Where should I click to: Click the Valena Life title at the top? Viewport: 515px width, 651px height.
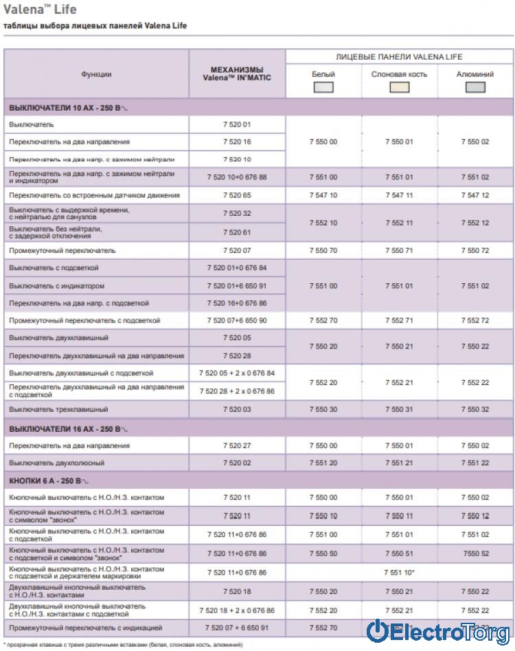point(40,10)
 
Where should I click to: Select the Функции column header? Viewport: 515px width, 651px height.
point(96,74)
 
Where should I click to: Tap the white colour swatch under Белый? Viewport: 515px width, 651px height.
point(323,87)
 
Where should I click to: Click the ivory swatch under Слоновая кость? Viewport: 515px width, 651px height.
point(399,87)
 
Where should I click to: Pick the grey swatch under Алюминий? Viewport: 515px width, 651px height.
point(475,87)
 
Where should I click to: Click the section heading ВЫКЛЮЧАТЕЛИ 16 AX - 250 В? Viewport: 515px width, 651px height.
point(69,429)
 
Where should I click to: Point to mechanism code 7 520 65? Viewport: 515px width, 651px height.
point(237,195)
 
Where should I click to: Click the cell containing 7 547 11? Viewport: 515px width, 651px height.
point(399,195)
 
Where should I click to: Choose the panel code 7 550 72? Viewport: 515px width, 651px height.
point(475,250)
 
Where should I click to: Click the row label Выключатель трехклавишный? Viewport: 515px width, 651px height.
point(59,409)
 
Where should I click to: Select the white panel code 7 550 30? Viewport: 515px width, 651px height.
point(323,409)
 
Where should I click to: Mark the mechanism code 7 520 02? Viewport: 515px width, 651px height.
point(237,463)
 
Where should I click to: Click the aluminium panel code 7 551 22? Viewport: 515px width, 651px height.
point(475,463)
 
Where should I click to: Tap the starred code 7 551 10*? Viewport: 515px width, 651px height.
point(399,572)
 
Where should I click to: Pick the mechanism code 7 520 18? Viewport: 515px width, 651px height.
point(237,591)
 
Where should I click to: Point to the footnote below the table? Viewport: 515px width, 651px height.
point(124,645)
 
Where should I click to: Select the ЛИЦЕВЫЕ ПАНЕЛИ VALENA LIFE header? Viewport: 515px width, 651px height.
point(399,56)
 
